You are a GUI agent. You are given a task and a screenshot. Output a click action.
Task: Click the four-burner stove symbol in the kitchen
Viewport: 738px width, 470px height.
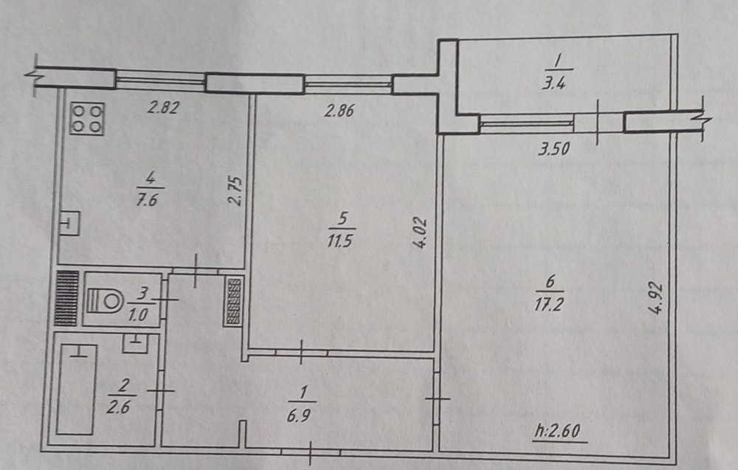[x=87, y=119]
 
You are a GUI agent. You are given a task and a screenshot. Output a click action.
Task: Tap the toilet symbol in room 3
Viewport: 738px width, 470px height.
[x=105, y=300]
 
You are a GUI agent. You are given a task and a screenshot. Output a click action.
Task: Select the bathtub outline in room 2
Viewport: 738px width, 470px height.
[x=77, y=390]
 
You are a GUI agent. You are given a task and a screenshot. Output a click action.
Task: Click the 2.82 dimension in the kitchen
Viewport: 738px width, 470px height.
[x=163, y=108]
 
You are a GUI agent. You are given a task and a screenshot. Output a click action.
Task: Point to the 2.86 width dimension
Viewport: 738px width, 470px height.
[x=339, y=111]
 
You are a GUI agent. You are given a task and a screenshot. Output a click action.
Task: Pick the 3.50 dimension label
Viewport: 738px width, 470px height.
[x=554, y=149]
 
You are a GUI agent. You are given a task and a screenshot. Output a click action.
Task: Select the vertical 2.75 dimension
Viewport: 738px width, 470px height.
[x=235, y=191]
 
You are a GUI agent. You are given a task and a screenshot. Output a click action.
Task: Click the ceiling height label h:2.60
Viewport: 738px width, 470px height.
[x=558, y=431]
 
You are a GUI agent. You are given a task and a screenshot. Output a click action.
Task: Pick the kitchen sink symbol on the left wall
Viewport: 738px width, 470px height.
[x=69, y=223]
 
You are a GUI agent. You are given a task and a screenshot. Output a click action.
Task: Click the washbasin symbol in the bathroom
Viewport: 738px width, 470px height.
[x=135, y=343]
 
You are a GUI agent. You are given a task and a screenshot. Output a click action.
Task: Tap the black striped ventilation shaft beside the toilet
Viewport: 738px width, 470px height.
[x=66, y=298]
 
